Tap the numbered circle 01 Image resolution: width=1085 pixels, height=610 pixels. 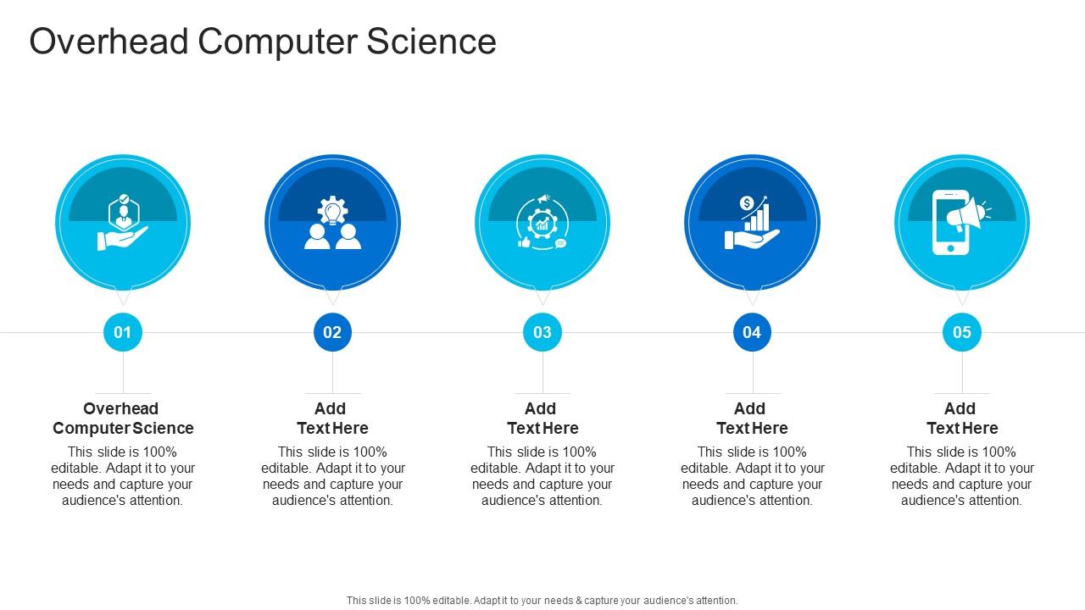tap(123, 332)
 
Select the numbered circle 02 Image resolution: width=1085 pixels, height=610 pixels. tap(332, 332)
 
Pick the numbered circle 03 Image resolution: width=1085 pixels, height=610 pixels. tap(542, 332)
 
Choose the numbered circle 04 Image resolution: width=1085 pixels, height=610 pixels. tap(752, 332)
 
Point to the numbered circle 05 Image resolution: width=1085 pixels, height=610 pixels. tap(962, 332)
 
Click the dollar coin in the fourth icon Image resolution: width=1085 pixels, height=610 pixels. tap(747, 203)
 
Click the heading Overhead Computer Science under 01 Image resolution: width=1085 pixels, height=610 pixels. tap(123, 419)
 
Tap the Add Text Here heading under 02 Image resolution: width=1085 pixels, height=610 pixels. tap(332, 419)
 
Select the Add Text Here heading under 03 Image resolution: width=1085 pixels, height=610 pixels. tap(542, 419)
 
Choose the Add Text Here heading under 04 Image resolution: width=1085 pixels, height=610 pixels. tap(752, 419)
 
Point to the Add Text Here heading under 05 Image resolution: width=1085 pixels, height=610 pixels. tap(962, 419)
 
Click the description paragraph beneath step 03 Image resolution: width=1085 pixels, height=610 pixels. tap(542, 476)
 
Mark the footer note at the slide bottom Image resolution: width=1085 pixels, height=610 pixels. tap(542, 601)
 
